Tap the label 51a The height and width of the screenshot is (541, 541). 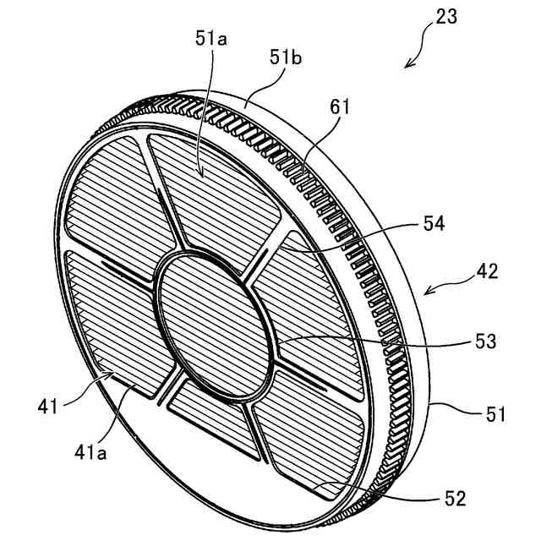coord(205,38)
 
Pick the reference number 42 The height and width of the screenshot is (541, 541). coord(485,272)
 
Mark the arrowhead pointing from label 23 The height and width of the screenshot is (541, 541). coord(409,64)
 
